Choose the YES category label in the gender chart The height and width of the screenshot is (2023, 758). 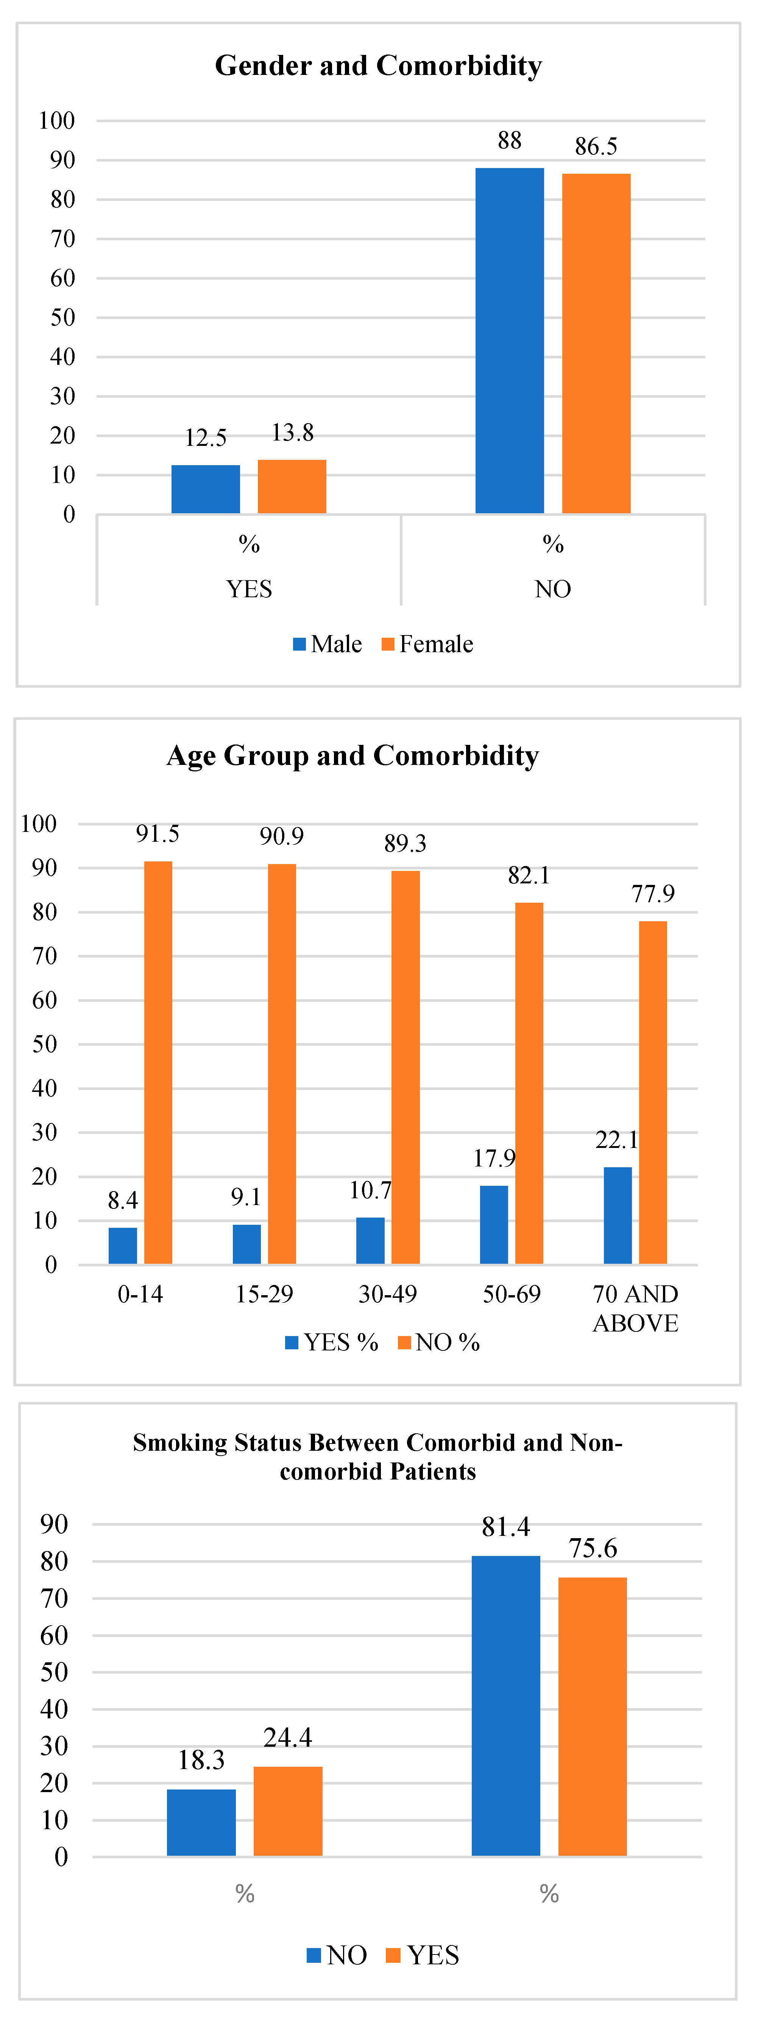249,589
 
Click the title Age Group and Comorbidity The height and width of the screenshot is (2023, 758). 353,755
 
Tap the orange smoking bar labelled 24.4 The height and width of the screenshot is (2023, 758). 287,1811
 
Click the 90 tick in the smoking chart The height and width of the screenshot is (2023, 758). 54,1524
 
